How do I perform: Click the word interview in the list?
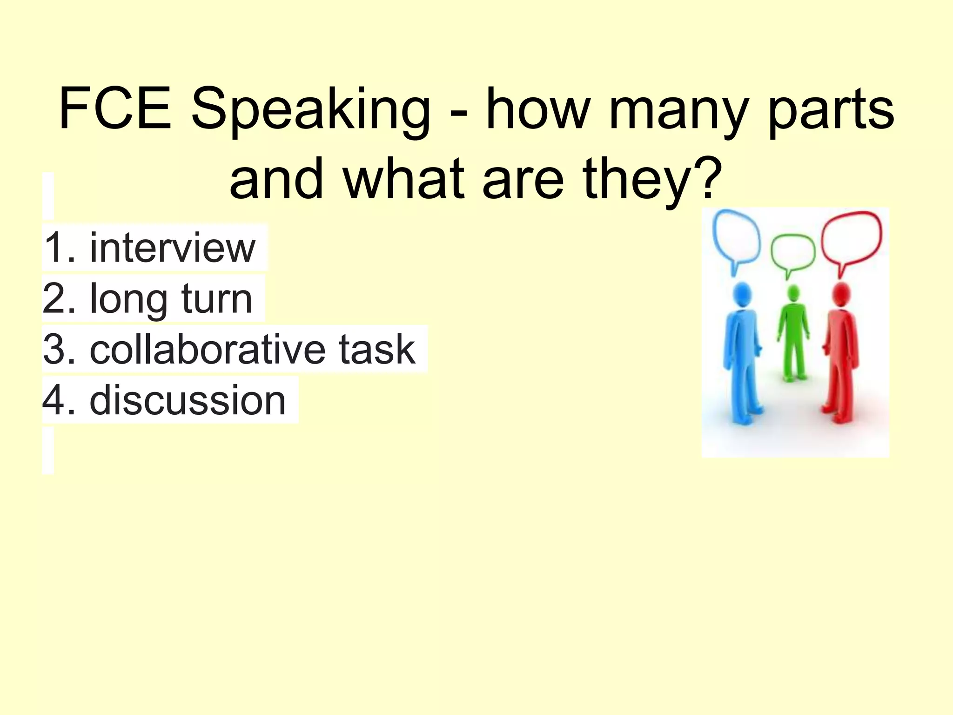click(173, 247)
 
